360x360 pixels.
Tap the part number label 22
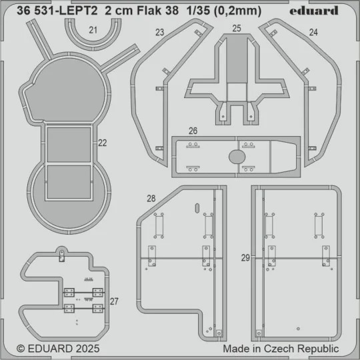[x=102, y=142]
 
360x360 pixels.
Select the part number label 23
[x=159, y=32]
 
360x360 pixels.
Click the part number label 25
[x=237, y=28]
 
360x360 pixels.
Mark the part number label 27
[x=114, y=301]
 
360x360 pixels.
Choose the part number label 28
[x=151, y=198]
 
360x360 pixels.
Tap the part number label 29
[x=245, y=257]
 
